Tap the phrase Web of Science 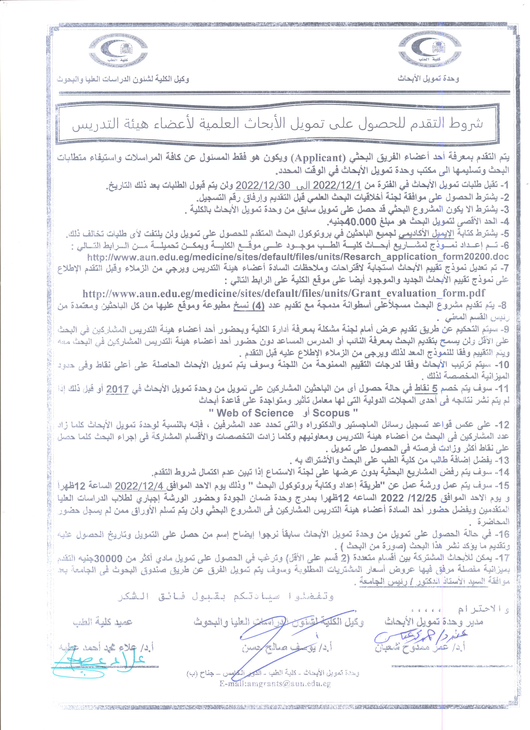[x=255, y=413]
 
